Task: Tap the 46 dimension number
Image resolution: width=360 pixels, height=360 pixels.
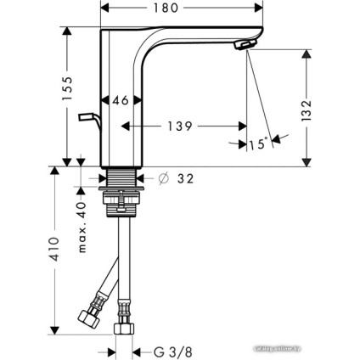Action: pyautogui.click(x=121, y=100)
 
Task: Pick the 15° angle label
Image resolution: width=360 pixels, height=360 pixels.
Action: pyautogui.click(x=258, y=144)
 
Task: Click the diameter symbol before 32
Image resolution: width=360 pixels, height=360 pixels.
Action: pyautogui.click(x=163, y=178)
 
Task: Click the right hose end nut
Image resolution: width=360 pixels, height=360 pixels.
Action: pyautogui.click(x=124, y=326)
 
